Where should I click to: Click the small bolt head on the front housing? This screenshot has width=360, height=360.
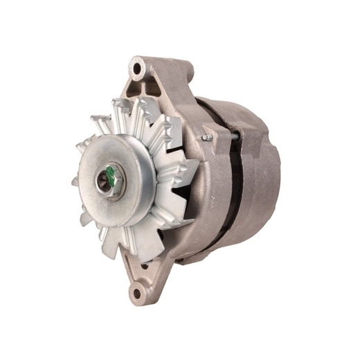coord(207,138)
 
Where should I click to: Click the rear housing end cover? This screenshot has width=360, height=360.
coord(267,180)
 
